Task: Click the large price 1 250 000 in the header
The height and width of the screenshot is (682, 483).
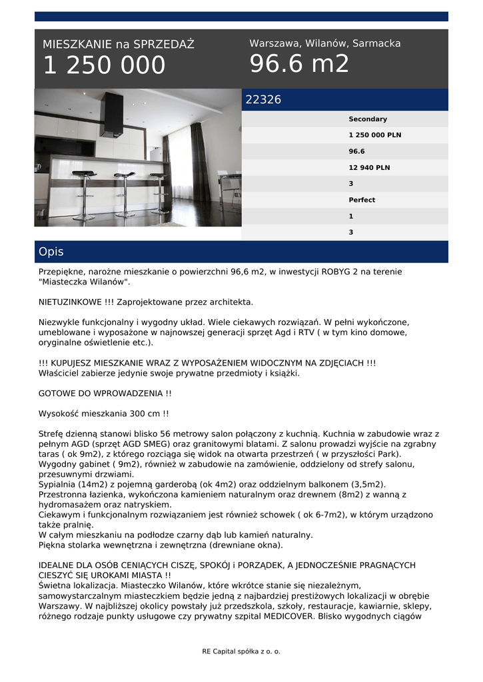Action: (104, 65)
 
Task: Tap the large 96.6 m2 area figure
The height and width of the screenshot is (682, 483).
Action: (299, 64)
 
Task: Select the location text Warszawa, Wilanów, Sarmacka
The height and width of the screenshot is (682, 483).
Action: (325, 43)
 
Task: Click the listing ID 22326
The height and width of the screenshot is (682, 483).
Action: (264, 100)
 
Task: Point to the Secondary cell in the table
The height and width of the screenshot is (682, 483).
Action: (367, 119)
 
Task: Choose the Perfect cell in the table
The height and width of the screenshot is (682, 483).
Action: (362, 200)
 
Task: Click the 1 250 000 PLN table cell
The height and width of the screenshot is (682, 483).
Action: (374, 135)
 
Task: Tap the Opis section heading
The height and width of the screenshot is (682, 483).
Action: (51, 252)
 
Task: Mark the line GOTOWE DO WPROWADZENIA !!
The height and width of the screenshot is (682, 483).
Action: (105, 394)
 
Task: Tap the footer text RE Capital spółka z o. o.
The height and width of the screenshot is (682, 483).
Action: (241, 651)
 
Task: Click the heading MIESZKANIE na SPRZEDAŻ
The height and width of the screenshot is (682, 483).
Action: (119, 45)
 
